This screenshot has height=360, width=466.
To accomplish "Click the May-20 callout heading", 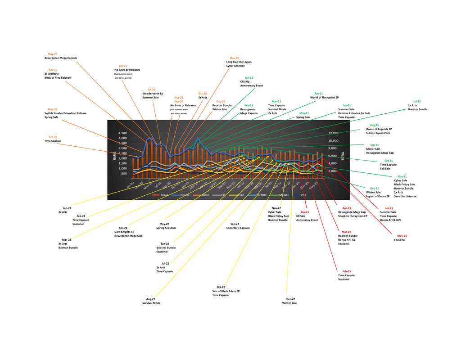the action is (52, 54).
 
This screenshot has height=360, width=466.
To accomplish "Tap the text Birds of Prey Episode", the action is (57, 78).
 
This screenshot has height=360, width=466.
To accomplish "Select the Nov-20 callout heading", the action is (234, 58).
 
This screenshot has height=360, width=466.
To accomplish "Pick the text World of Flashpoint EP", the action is (324, 98).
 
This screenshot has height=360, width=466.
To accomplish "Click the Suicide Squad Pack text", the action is (378, 133).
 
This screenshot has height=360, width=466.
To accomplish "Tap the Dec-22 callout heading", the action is (291, 299).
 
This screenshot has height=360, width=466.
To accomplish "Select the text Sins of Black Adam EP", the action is (226, 291).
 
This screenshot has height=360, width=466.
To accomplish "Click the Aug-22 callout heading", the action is (151, 299).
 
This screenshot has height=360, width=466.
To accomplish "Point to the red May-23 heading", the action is (402, 236).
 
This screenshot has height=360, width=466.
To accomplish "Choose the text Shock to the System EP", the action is (353, 216).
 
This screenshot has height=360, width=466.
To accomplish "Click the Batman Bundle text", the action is (68, 247).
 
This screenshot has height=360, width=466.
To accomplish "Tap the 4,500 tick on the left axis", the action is (122, 133).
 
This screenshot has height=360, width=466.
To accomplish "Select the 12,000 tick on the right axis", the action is (333, 133).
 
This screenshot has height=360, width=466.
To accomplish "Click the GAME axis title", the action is (114, 156).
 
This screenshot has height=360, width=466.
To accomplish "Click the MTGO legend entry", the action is (283, 195).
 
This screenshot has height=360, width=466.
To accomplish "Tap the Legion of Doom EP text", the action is (378, 196).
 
